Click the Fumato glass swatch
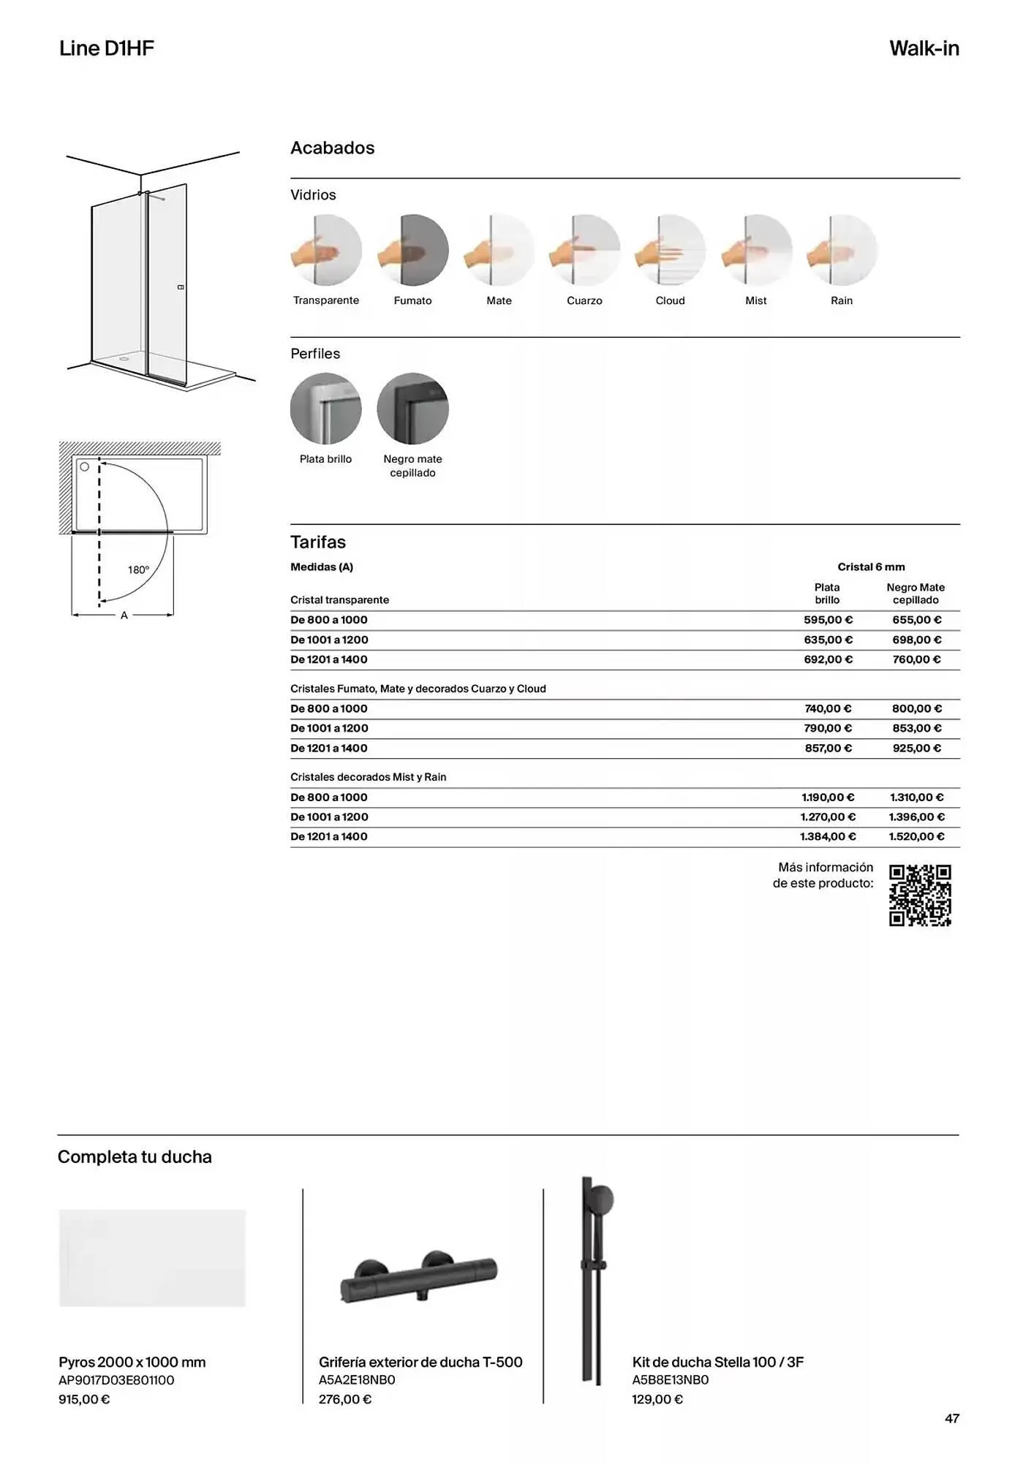pos(413,250)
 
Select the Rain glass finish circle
pos(842,250)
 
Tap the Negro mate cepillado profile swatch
pos(413,409)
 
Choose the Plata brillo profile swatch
pos(326,409)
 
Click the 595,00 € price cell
pos(828,620)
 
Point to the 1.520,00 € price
pos(916,837)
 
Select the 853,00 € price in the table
pos(916,729)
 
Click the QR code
pos(920,895)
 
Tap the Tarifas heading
pos(318,542)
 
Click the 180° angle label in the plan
pos(138,570)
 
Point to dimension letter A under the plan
pos(124,616)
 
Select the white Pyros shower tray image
pos(152,1258)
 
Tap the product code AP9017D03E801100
pos(116,1381)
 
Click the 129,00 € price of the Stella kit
pos(657,1400)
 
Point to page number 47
pos(951,1419)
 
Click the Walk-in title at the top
pos(924,49)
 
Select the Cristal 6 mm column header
pos(871,567)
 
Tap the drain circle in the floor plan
pos(85,466)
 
